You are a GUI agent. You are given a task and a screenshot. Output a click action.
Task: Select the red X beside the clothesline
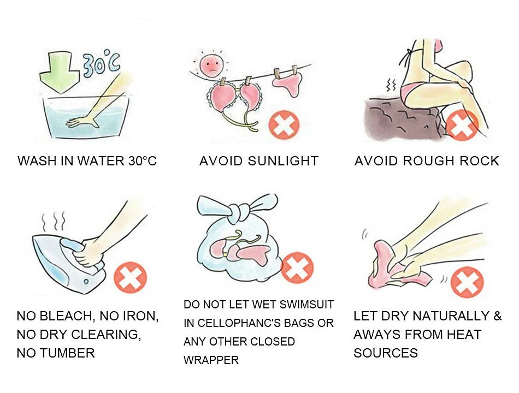click(284, 126)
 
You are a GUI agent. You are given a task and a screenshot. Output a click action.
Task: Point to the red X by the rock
click(462, 124)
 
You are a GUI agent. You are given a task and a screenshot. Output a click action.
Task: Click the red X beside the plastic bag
click(297, 268)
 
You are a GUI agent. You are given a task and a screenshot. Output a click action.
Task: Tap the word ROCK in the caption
click(479, 161)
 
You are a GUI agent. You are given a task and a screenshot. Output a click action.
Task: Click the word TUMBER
click(68, 353)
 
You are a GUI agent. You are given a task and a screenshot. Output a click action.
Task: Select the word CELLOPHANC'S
click(246, 323)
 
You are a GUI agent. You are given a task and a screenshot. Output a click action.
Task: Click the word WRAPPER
click(211, 360)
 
